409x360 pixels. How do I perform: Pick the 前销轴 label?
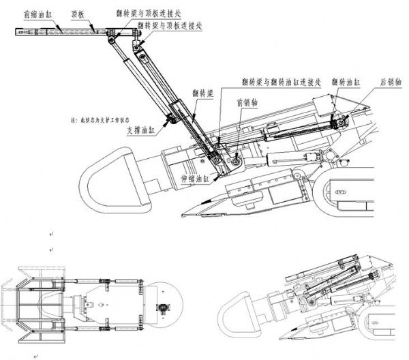coord(246,104)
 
